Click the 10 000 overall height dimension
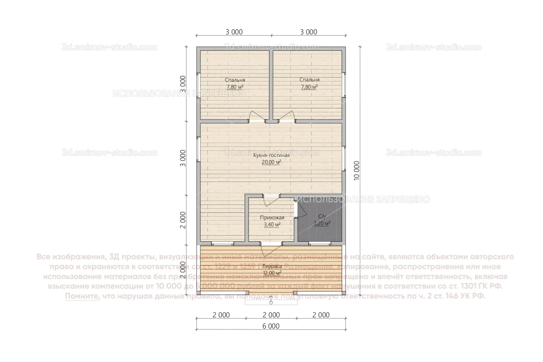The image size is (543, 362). coord(356,171)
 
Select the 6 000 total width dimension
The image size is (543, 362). coord(271,326)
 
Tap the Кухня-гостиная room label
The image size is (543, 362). coord(271,155)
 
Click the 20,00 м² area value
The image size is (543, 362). coord(271,162)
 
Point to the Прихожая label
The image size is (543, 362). coord(272,218)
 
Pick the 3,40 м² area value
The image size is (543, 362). coord(272,225)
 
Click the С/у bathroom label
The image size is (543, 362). coord(322,217)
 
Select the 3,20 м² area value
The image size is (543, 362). coord(322,223)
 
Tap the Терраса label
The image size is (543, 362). coord(272,266)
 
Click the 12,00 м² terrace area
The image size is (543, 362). coord(272,273)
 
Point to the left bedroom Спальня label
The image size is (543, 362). coord(235,80)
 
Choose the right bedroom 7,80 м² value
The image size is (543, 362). coord(309,87)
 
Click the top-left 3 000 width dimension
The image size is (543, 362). coord(234,32)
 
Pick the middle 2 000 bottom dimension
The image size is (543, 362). coord(271,315)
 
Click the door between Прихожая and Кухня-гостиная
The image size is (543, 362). coord(271,200)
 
